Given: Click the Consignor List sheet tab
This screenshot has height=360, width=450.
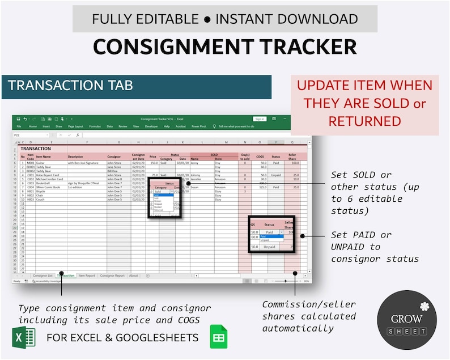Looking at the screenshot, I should [43, 276].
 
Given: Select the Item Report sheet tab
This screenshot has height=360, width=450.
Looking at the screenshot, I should [87, 276].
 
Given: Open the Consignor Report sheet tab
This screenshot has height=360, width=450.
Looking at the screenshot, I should [112, 276].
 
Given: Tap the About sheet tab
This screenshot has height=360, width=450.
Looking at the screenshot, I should [133, 276].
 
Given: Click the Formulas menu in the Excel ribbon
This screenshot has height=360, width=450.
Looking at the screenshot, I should [95, 126].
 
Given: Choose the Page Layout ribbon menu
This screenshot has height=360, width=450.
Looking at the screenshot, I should [75, 126].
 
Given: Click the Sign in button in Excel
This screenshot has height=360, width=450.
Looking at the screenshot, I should [260, 119].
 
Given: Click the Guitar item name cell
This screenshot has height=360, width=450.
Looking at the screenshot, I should [43, 163].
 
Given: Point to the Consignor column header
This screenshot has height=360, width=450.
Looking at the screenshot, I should [114, 156].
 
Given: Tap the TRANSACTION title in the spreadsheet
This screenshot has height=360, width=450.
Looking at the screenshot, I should [36, 149].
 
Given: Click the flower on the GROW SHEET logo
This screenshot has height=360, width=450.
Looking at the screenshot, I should [424, 306].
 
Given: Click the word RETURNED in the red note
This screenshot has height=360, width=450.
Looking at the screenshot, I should [364, 121].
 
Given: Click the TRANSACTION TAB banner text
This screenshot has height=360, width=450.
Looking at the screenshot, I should [71, 86].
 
